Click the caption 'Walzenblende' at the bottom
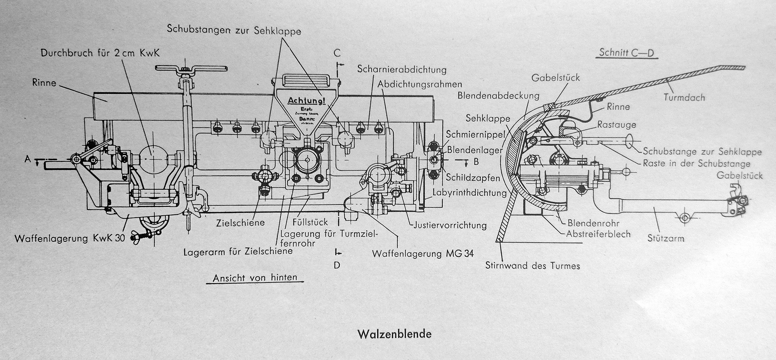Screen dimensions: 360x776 [395, 334]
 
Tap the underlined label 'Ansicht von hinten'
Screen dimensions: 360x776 [255, 278]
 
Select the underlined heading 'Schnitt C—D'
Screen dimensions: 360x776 [627, 53]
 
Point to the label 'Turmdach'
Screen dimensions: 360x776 [684, 97]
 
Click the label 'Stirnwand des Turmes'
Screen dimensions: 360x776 [532, 266]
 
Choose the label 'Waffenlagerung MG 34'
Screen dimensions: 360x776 [423, 254]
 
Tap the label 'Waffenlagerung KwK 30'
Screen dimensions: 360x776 [70, 238]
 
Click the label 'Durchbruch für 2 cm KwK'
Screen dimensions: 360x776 [100, 53]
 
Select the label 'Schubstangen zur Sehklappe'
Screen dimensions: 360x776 [234, 29]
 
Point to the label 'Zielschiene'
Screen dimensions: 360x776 [241, 223]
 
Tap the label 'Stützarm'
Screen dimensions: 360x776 [665, 238]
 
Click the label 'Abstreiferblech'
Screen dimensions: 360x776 [598, 234]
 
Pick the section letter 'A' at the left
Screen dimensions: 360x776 [28, 158]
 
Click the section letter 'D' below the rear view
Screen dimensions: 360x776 [337, 265]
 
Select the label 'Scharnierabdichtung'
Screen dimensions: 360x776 [402, 69]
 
